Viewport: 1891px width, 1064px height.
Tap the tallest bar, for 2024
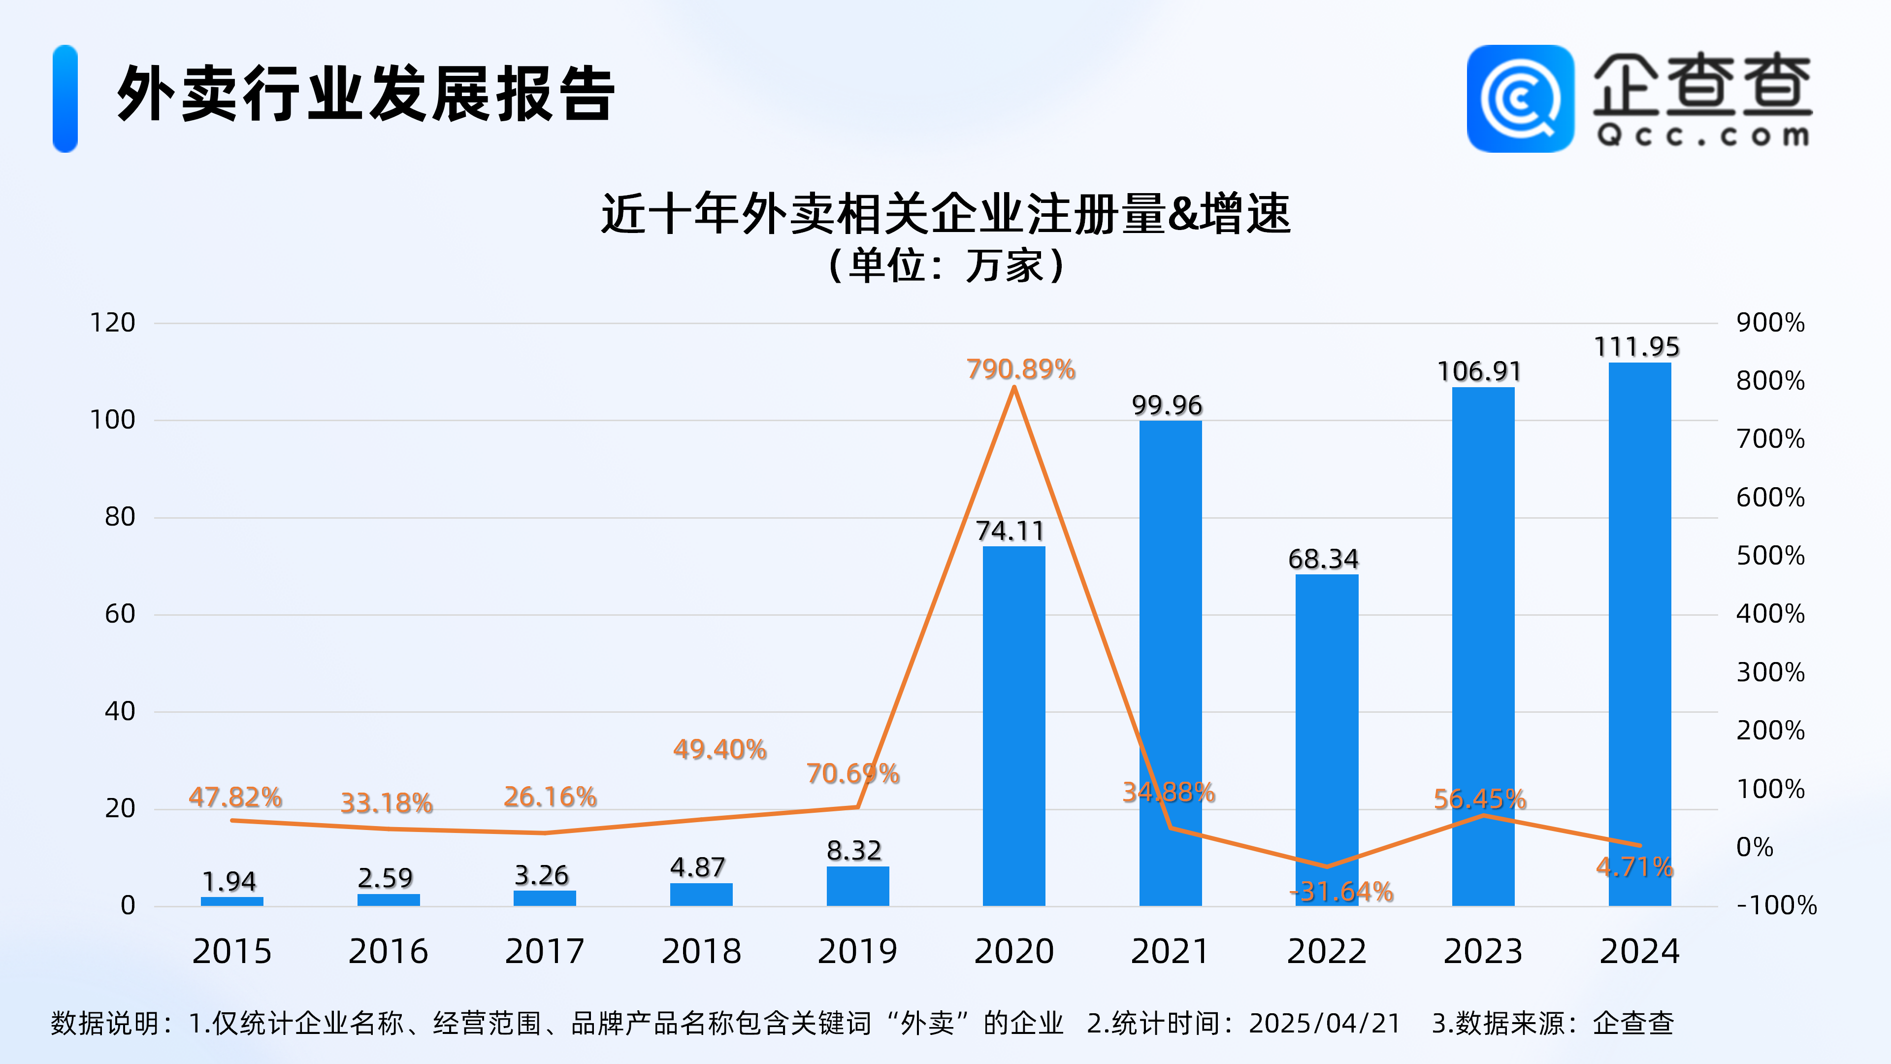(x=1639, y=632)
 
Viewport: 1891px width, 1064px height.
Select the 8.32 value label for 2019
(x=854, y=850)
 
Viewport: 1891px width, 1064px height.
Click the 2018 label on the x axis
(x=701, y=952)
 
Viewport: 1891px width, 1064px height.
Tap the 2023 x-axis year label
(x=1483, y=952)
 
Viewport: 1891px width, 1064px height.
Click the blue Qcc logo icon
(x=1520, y=99)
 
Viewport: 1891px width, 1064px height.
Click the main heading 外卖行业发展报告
(x=365, y=94)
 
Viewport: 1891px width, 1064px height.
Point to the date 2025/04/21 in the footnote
(x=1325, y=1023)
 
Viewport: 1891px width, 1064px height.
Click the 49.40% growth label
(x=720, y=749)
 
